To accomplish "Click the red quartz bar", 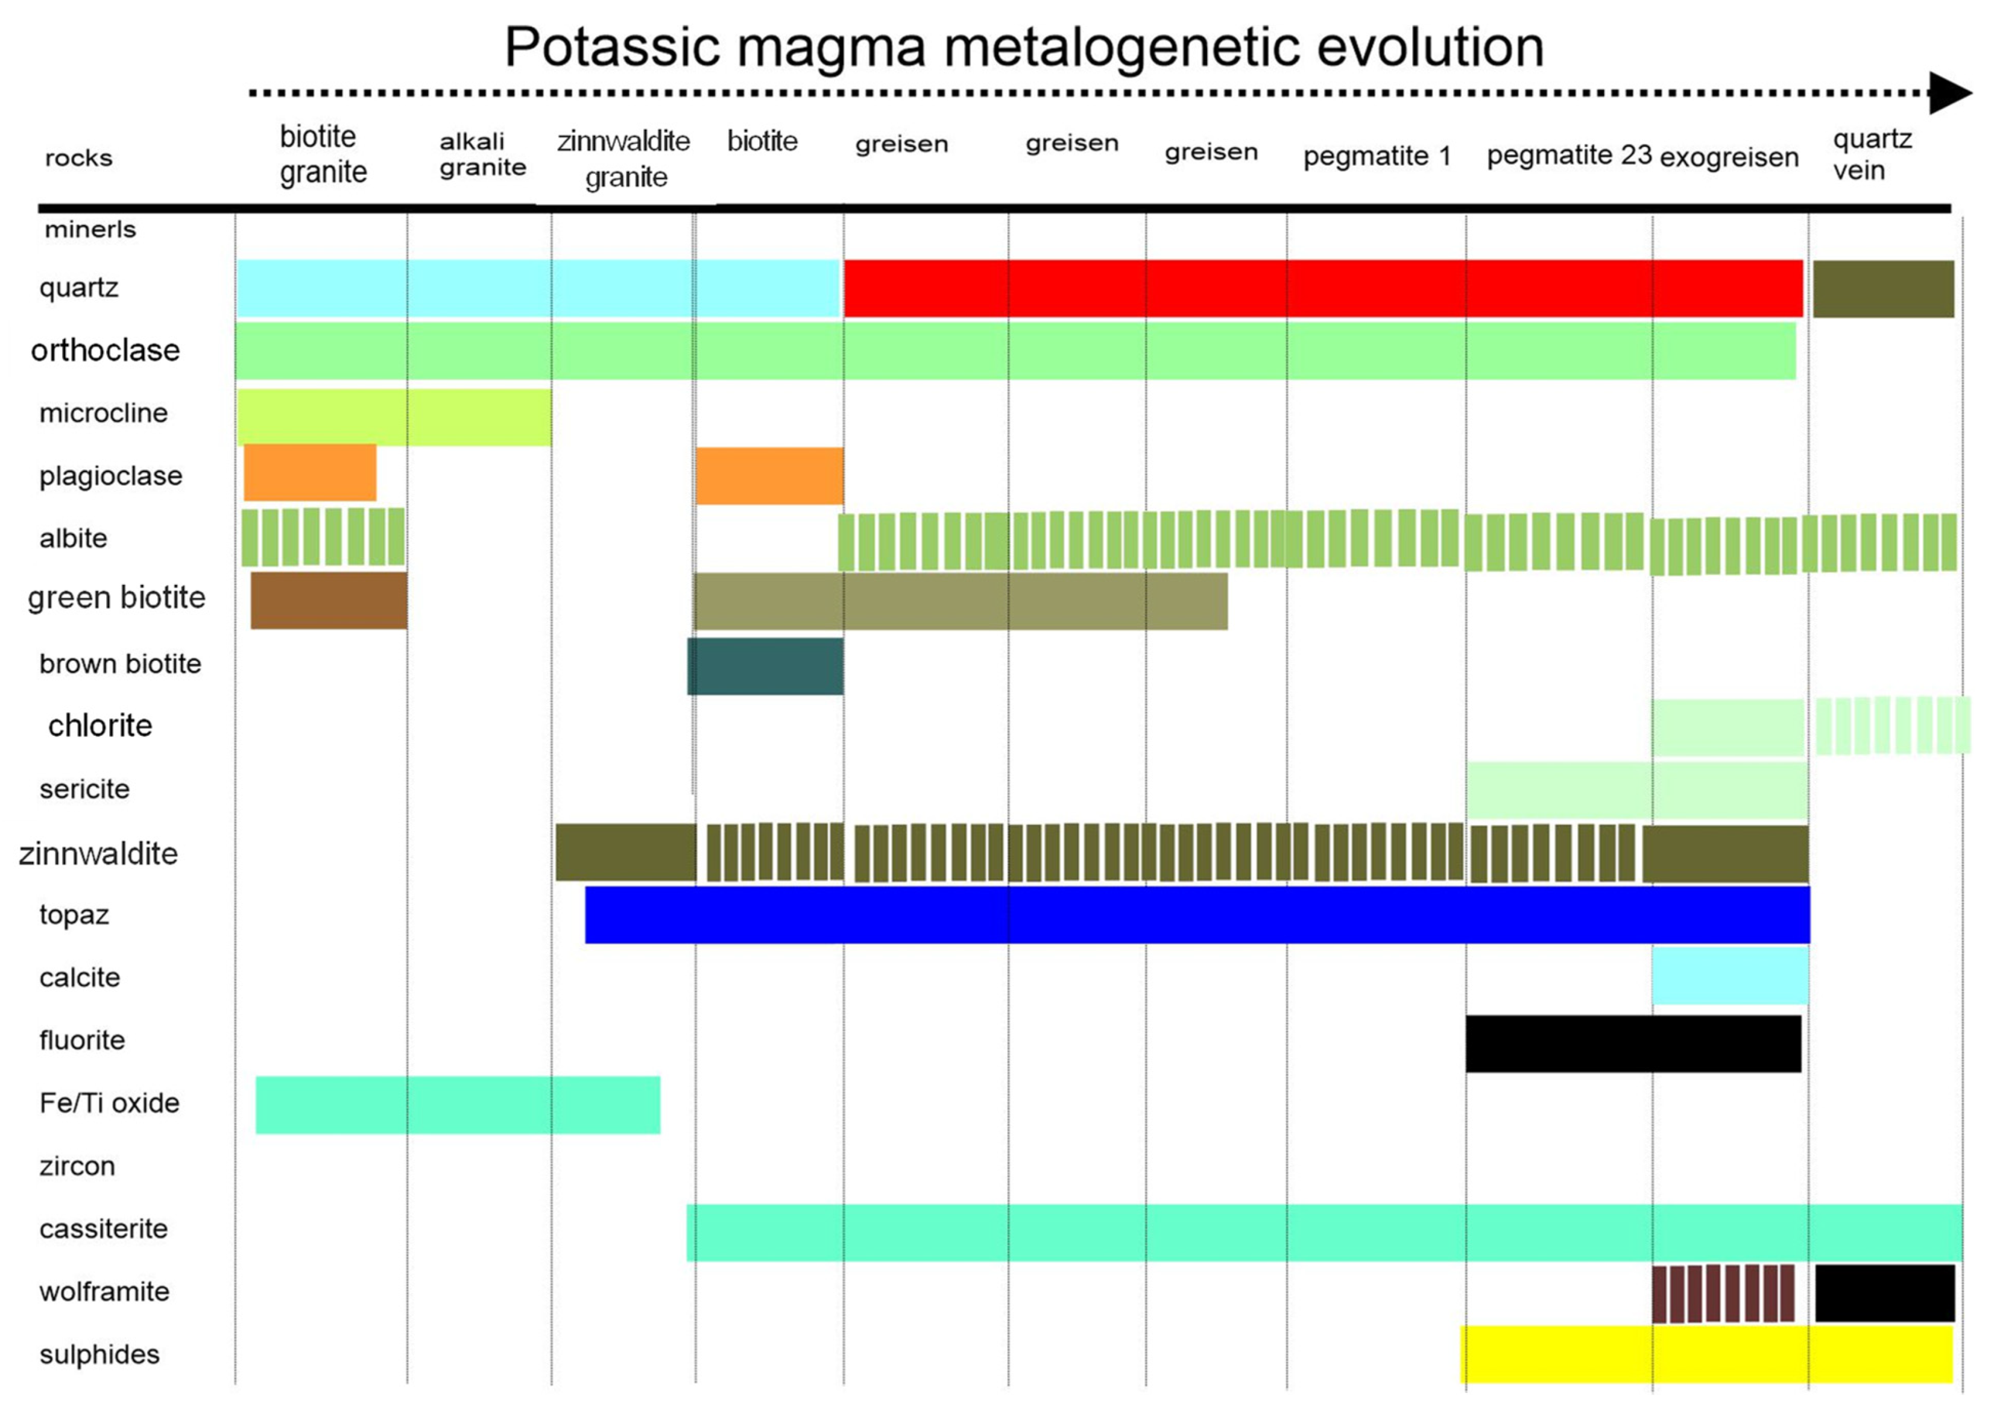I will point(1322,288).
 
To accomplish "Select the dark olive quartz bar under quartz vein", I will point(1883,289).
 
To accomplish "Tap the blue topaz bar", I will point(1197,915).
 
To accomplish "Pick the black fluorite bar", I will point(1633,1044).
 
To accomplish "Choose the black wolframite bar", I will point(1884,1292).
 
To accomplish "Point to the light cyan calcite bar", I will point(1729,976).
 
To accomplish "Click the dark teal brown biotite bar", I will point(765,666).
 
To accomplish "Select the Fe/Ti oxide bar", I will point(458,1105).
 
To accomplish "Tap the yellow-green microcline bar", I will point(394,417).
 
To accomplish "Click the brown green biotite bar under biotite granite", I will point(329,600).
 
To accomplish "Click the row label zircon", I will point(77,1166).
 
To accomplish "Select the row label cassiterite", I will point(104,1228).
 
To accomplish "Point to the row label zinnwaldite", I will point(98,853).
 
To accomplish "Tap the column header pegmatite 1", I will point(1377,157).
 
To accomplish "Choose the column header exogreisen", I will point(1729,157).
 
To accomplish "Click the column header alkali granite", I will point(483,154).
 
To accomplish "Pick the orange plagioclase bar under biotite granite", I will point(310,472).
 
